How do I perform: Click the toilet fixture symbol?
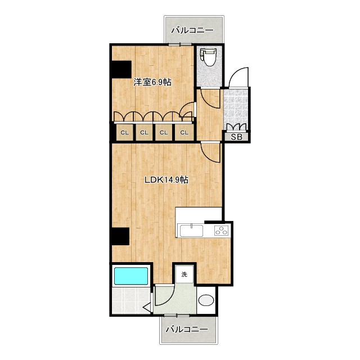[208, 57]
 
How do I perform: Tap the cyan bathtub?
[131, 276]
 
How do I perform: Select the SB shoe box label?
[236, 137]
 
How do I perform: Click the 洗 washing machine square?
[184, 274]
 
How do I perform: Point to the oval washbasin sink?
[206, 300]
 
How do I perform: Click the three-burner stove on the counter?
[222, 230]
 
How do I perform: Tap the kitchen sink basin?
[191, 231]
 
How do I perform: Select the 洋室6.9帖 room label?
[152, 82]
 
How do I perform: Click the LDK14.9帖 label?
[166, 180]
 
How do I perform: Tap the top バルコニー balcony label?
[192, 30]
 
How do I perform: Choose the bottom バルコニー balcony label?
[187, 330]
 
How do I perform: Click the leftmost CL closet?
[125, 133]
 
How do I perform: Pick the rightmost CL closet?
[184, 133]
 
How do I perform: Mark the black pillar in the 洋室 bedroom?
[121, 69]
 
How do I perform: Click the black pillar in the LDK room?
[120, 236]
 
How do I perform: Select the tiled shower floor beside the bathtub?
[131, 300]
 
